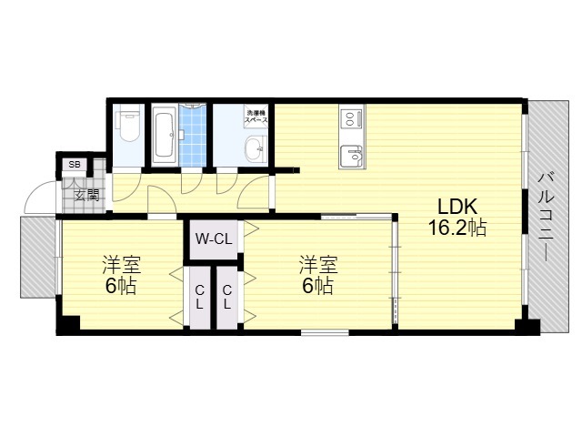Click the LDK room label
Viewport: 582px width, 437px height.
tap(457, 207)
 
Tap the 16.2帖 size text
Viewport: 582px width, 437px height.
tap(457, 228)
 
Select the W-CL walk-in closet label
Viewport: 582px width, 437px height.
tap(214, 239)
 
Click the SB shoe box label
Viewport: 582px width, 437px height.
tap(75, 164)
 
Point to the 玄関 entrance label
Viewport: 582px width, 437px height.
tap(87, 195)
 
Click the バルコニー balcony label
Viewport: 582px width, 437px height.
tap(546, 217)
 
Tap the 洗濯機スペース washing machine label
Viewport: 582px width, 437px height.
tap(256, 116)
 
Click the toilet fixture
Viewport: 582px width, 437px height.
tap(128, 126)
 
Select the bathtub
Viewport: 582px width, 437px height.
tap(164, 135)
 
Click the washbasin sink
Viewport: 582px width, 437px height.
tap(256, 148)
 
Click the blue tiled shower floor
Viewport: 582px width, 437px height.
tap(192, 135)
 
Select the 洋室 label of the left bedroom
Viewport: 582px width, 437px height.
tap(121, 265)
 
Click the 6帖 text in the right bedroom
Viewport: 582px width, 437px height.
tap(317, 286)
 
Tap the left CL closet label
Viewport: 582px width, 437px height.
tap(199, 298)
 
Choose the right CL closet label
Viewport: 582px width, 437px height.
tap(227, 298)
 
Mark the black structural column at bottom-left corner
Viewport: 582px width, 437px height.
tap(68, 325)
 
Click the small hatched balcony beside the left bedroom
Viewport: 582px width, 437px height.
tap(38, 257)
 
